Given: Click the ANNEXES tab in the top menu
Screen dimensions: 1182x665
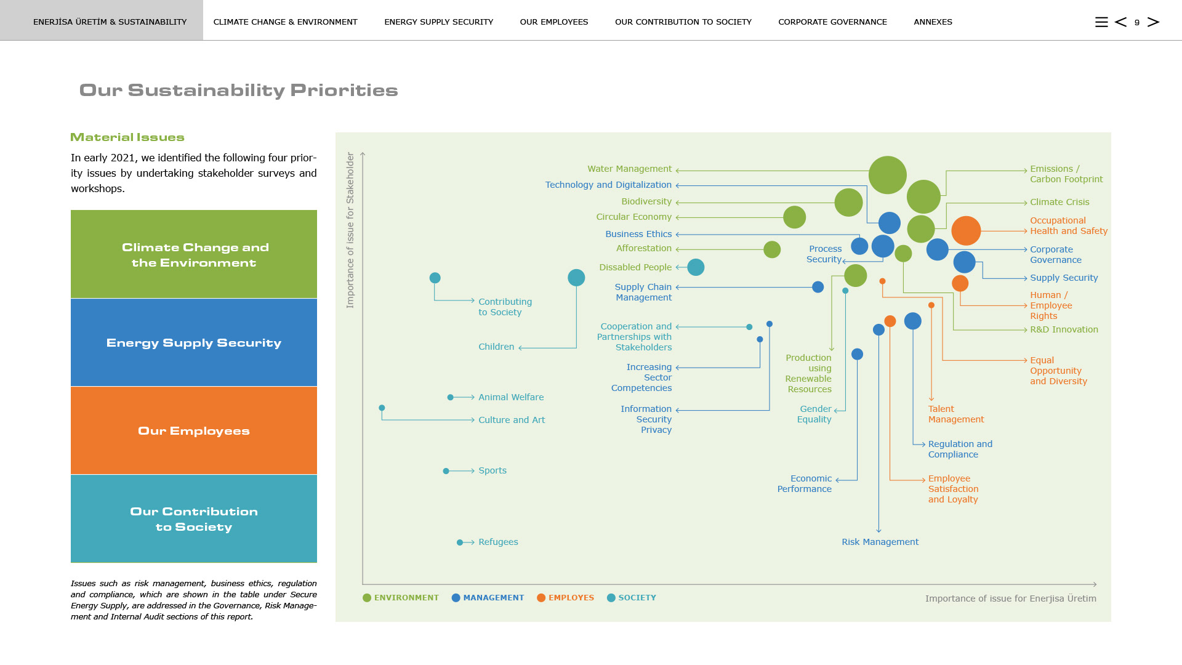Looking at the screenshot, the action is (x=933, y=22).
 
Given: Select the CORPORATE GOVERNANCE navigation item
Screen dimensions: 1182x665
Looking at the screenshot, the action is (x=832, y=22).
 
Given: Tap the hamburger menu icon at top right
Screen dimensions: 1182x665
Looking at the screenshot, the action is (x=1101, y=22).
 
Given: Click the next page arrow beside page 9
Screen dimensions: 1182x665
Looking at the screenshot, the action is (x=1154, y=22).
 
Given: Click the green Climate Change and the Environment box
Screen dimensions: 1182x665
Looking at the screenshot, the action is (x=194, y=254).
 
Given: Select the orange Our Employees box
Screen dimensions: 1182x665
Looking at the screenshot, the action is (x=194, y=430).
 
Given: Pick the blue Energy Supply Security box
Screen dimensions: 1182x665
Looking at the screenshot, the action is (x=194, y=342).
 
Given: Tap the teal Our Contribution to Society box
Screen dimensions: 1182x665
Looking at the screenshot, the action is (x=194, y=518).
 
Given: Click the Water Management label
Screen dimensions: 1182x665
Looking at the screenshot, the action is (x=629, y=169).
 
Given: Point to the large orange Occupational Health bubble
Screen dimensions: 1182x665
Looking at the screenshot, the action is (x=966, y=231).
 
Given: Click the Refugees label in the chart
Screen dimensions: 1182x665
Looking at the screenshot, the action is (x=498, y=542).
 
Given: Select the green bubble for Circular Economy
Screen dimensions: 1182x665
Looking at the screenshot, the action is (x=794, y=217).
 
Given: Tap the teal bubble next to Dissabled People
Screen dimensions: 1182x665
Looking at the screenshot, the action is (x=696, y=267).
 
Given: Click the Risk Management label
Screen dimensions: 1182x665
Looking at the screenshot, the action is (x=880, y=542).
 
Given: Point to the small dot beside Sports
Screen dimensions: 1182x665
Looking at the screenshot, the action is (x=446, y=471).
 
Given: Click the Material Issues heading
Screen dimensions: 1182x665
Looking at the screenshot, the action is (x=127, y=137).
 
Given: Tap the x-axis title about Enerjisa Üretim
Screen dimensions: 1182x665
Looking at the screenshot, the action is (x=1010, y=598).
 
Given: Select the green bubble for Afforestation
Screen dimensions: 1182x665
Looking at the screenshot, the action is (x=772, y=249).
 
